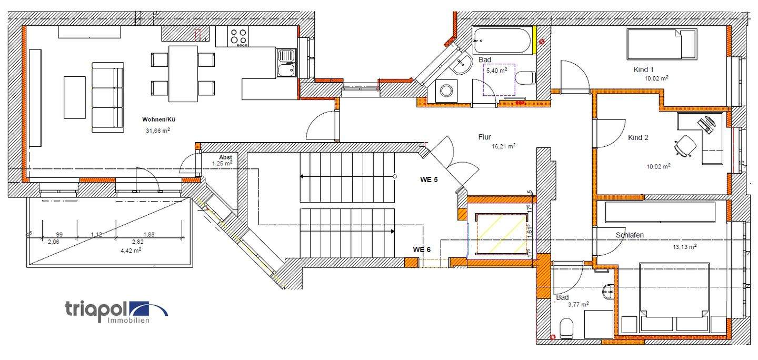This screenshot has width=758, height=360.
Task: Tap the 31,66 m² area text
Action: coord(158,131)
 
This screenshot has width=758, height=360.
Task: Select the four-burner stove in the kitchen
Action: coord(238,36)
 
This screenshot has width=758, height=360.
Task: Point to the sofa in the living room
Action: coord(107,97)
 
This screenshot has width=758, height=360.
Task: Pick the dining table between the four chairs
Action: coord(183,74)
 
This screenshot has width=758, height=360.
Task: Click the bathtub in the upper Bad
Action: coord(503,41)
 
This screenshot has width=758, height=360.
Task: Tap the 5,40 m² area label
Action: coord(496,70)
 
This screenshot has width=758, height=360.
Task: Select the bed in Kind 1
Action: coord(661,45)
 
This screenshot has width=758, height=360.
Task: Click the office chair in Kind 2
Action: coord(685,145)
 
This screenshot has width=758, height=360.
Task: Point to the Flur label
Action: coord(485,137)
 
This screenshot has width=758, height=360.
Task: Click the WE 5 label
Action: coord(429,179)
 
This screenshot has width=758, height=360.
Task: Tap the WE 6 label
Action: coord(422,249)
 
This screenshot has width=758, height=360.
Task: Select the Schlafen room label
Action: coord(630,235)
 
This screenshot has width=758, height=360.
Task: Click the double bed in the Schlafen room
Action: coord(674,297)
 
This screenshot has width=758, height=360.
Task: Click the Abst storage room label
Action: coord(226,157)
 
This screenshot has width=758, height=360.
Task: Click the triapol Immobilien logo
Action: coord(116,311)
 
